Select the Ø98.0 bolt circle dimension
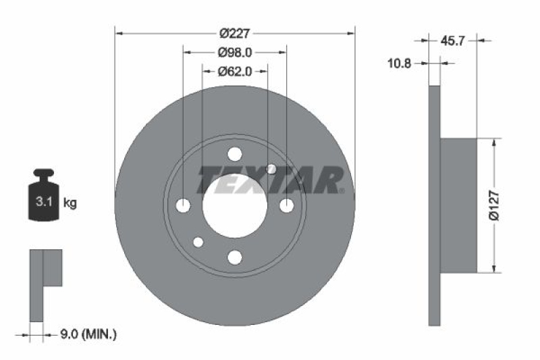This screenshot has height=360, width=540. click(x=235, y=51)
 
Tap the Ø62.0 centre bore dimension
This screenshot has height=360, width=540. click(x=235, y=71)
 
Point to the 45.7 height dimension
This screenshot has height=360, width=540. click(x=454, y=41)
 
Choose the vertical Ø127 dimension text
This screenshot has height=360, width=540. click(x=494, y=205)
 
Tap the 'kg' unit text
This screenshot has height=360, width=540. click(x=70, y=202)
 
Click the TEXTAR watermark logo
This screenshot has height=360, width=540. click(x=271, y=180)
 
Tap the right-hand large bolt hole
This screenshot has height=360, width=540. click(x=286, y=205)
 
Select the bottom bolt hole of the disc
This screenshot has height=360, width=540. click(x=235, y=257)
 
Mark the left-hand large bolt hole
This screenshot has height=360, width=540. click(x=184, y=205)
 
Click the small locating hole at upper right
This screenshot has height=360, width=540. click(x=271, y=169)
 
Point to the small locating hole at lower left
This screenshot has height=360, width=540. click(x=198, y=242)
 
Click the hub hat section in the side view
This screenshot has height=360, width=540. click(x=459, y=205)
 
